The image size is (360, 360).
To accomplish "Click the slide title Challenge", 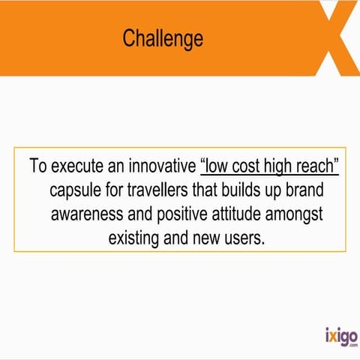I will tap(163, 38).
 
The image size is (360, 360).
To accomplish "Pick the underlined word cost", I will tap(252, 166).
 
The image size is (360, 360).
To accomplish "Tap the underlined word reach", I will tap(320, 166).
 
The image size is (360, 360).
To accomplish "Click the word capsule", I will tap(77, 190).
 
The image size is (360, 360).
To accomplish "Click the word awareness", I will tap(89, 214).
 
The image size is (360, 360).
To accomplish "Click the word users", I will tap(244, 238).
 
